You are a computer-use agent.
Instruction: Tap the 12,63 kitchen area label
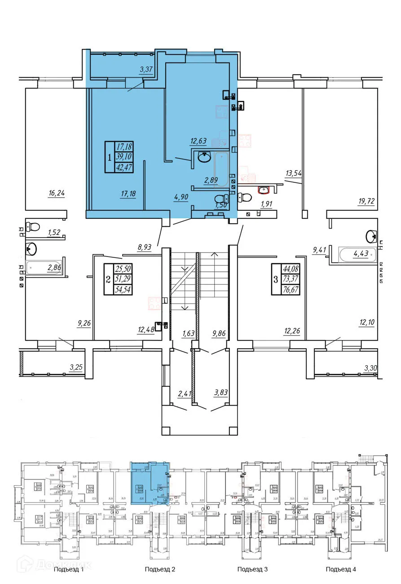[x=198, y=141]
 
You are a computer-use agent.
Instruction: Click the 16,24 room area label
[x=57, y=193]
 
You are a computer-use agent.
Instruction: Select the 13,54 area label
[x=295, y=172]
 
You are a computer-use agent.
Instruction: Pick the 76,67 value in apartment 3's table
[x=291, y=290]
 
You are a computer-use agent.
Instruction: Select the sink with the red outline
[x=263, y=190]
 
